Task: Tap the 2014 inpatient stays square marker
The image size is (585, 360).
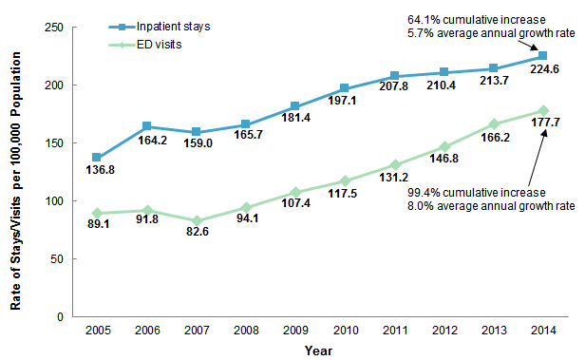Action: [542, 56]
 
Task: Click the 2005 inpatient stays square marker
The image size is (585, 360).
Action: [97, 158]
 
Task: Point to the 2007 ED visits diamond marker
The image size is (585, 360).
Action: [196, 220]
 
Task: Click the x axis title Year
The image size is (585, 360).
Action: [318, 350]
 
